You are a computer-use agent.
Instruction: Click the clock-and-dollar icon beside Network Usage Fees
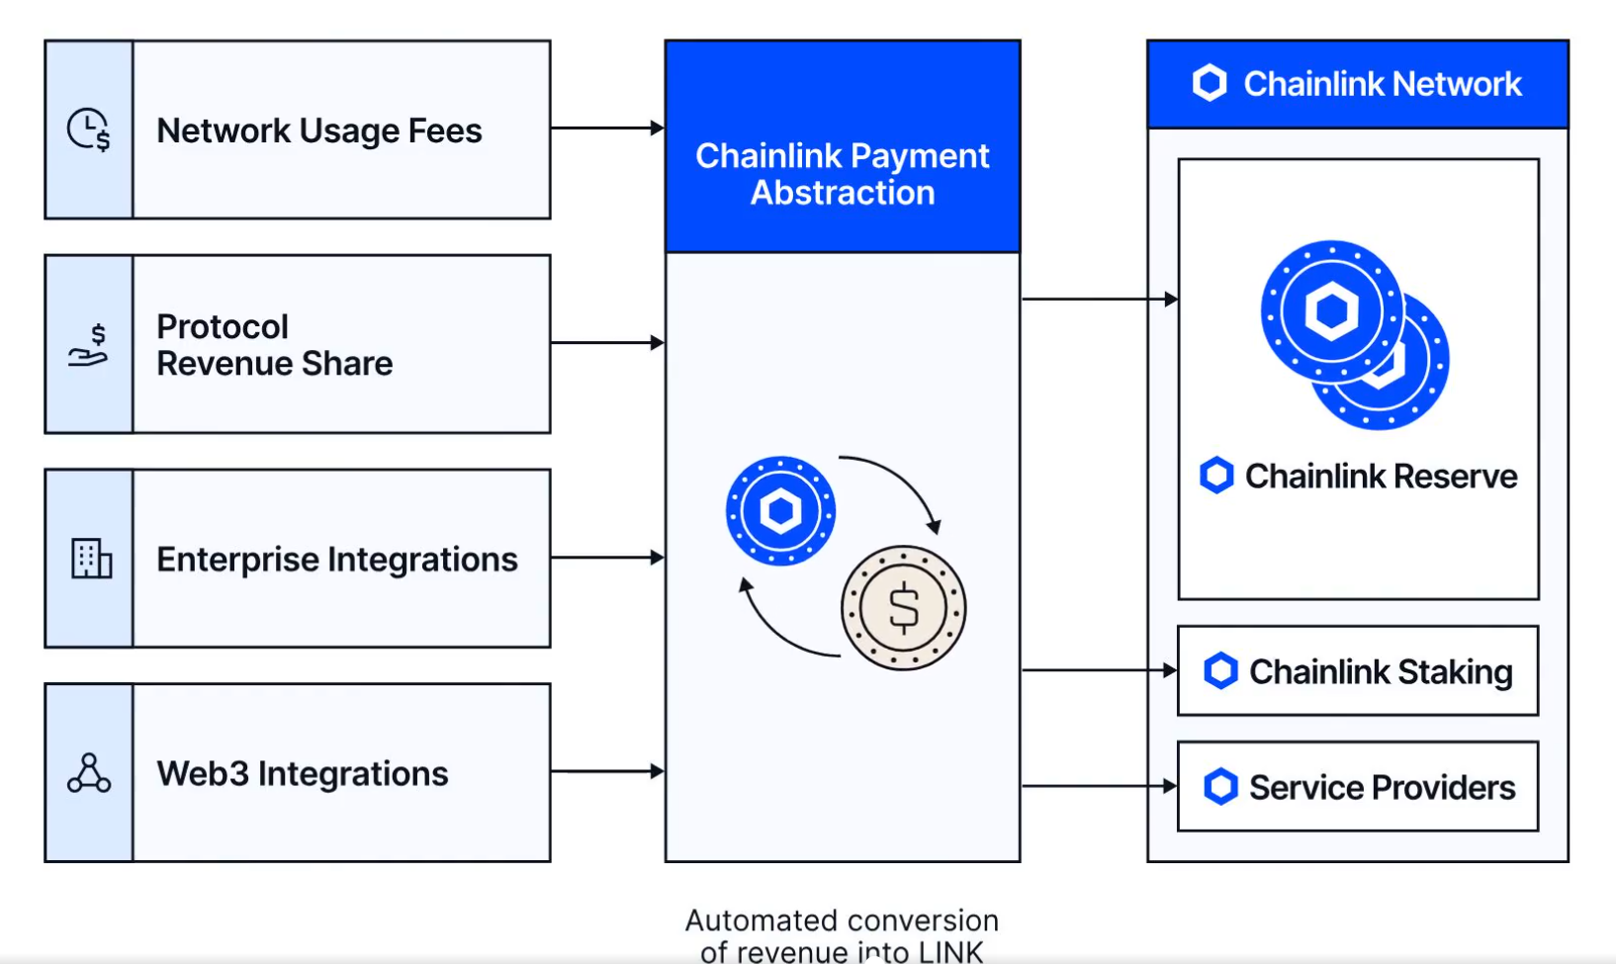tap(88, 130)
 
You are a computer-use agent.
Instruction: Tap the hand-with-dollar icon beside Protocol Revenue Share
tap(88, 345)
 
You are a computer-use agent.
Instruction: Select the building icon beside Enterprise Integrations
tap(91, 559)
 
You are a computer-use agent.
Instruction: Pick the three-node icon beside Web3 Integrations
tap(89, 773)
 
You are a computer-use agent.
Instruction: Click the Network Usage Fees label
tap(319, 131)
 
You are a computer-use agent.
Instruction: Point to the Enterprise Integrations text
tap(336, 560)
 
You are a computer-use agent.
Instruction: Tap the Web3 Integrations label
tap(303, 773)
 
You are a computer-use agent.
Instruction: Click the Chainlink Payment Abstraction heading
tap(843, 174)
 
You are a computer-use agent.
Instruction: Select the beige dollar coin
tap(903, 607)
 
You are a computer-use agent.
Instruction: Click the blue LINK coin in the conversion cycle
tap(780, 510)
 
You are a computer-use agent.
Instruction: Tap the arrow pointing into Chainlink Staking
tap(1099, 670)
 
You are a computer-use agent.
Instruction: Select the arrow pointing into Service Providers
tap(1099, 786)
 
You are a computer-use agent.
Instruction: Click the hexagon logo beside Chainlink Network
tap(1210, 84)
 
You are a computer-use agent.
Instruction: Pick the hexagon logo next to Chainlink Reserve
tap(1216, 476)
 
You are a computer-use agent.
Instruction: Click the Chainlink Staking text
tap(1381, 672)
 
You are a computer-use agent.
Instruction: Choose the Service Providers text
tap(1382, 788)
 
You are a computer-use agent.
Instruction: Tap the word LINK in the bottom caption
tap(950, 952)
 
